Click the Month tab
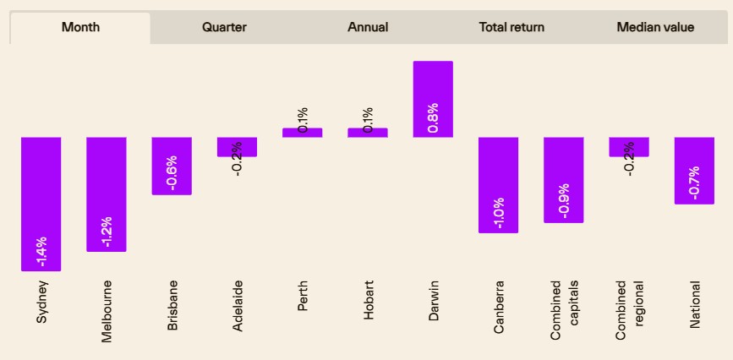tap(80, 28)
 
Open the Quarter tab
tap(224, 28)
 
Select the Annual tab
tap(368, 28)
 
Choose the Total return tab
tap(511, 28)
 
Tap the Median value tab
tap(655, 28)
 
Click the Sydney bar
tap(41, 204)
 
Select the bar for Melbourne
tap(107, 194)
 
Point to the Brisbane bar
tap(172, 166)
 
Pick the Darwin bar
tap(433, 99)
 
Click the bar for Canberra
tap(498, 185)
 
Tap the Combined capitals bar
tap(564, 180)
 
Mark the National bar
tap(694, 171)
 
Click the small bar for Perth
tap(303, 133)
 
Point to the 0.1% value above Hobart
tap(368, 120)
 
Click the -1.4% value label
tap(41, 252)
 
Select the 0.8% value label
tap(433, 117)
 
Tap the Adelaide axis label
tap(238, 306)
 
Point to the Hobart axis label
tap(369, 300)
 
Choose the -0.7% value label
tap(694, 183)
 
